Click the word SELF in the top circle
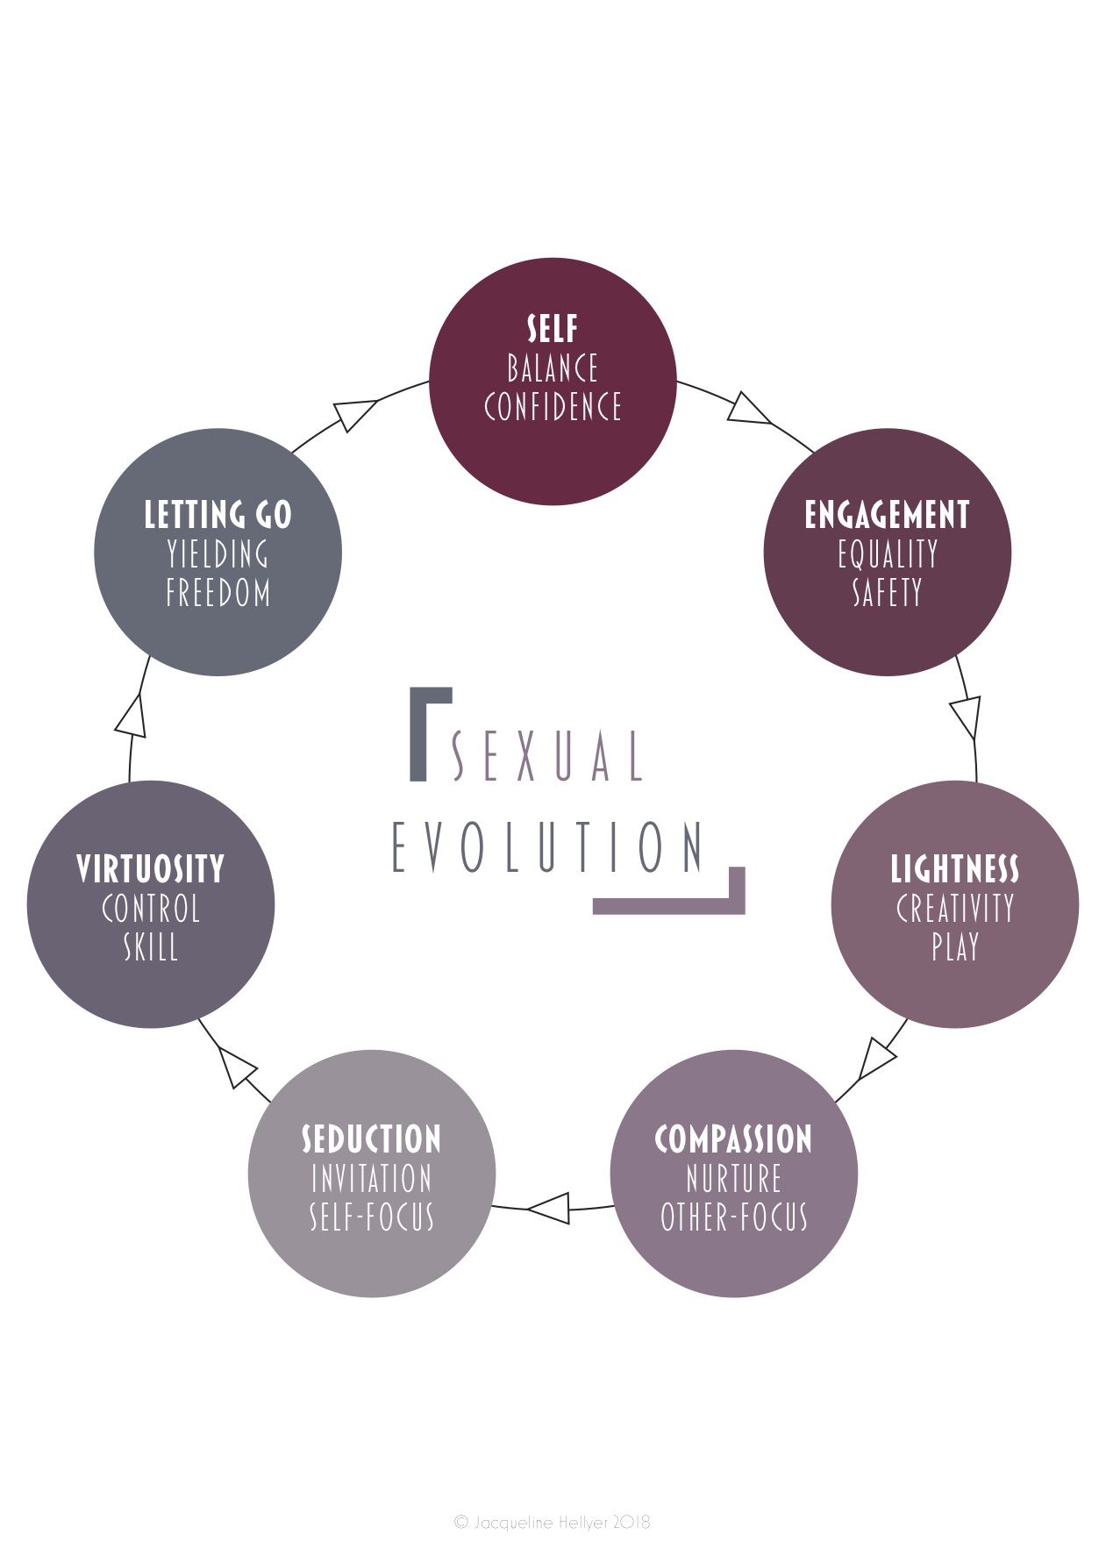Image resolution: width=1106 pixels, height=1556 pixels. tap(553, 329)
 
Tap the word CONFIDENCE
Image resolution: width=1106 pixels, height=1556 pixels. tap(553, 407)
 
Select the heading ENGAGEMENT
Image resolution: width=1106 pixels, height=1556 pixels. tap(887, 515)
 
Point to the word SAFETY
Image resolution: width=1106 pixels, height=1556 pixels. tap(887, 593)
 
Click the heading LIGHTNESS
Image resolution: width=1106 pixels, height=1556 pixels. tap(954, 869)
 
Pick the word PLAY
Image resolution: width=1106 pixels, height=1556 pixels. tap(954, 947)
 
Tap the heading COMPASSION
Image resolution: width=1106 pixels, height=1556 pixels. tap(733, 1139)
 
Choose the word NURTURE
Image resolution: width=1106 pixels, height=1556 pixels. tap(733, 1179)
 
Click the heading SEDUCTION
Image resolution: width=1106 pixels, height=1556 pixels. tap(371, 1139)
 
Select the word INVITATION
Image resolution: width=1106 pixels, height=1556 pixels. tap(371, 1179)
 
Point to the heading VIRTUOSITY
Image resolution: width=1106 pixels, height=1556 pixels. tap(150, 869)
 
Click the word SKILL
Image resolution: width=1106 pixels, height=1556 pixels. tap(150, 947)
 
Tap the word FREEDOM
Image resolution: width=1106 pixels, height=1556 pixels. tap(218, 593)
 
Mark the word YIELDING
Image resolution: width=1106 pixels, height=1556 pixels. tap(218, 554)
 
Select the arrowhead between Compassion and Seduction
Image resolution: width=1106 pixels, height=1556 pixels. tap(551, 1208)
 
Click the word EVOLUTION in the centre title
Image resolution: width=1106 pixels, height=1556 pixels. tap(547, 847)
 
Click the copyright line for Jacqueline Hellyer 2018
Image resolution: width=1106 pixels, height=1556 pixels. tap(553, 1522)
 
